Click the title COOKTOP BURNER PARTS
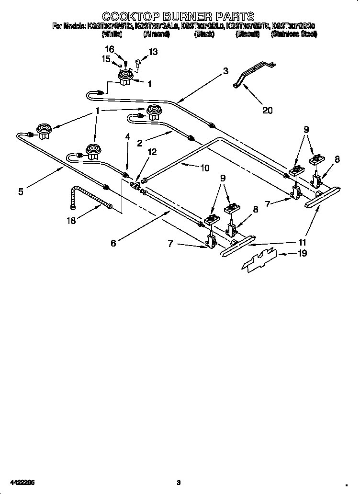click(178, 17)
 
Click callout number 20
click(267, 110)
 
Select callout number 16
click(110, 49)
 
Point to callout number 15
click(106, 59)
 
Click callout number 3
click(225, 71)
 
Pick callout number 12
click(151, 152)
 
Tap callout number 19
click(302, 253)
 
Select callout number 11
click(302, 242)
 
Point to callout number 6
click(113, 243)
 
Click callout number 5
click(21, 191)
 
